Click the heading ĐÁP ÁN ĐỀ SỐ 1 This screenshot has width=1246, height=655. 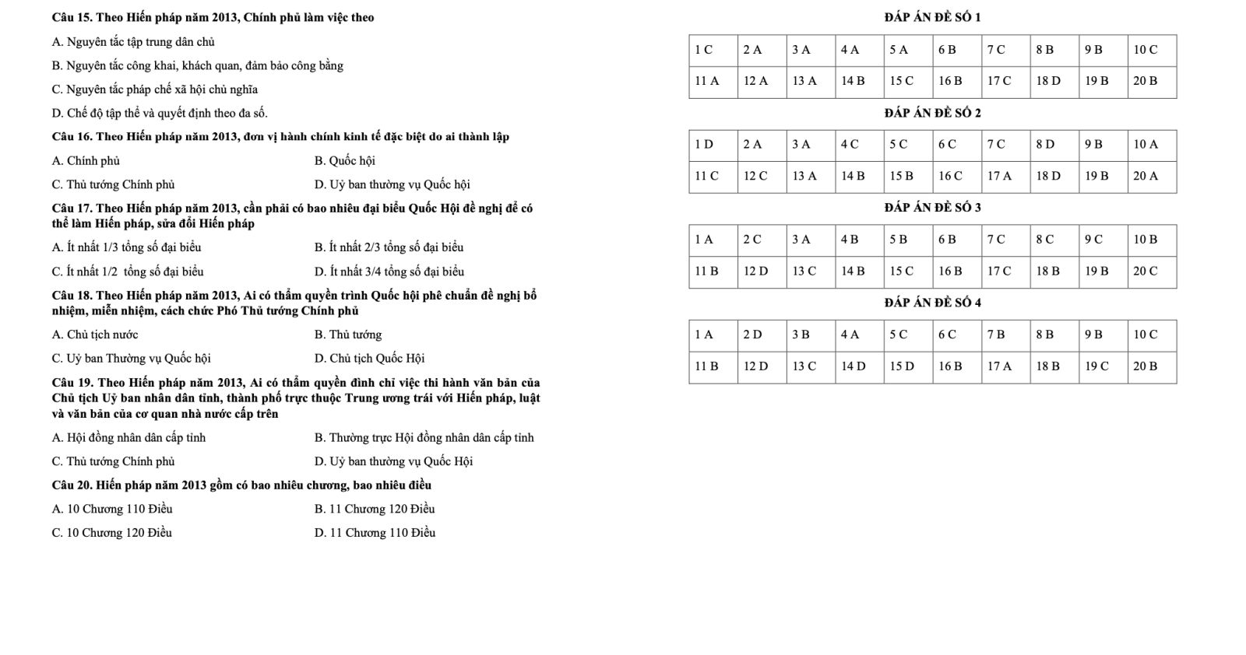(932, 17)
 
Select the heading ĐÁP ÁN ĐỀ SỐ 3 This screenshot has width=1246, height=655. (932, 207)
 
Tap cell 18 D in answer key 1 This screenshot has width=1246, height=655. (1048, 81)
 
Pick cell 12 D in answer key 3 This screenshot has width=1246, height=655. (755, 271)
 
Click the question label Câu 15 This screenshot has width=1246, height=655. (72, 17)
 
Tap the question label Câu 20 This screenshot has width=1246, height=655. (72, 485)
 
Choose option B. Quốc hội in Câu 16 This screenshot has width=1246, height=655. (344, 161)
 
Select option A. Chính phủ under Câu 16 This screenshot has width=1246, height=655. (86, 161)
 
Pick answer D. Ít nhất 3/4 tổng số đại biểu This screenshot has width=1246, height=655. (389, 271)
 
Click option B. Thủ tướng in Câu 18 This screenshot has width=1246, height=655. (348, 335)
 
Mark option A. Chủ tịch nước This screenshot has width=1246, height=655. (95, 335)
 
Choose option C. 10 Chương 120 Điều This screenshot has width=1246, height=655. (111, 533)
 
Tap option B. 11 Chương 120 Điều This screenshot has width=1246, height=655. (375, 510)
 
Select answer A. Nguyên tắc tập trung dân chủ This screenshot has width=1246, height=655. (133, 42)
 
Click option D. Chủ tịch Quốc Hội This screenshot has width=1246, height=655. (369, 359)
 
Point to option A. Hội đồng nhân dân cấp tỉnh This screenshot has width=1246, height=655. (129, 438)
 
